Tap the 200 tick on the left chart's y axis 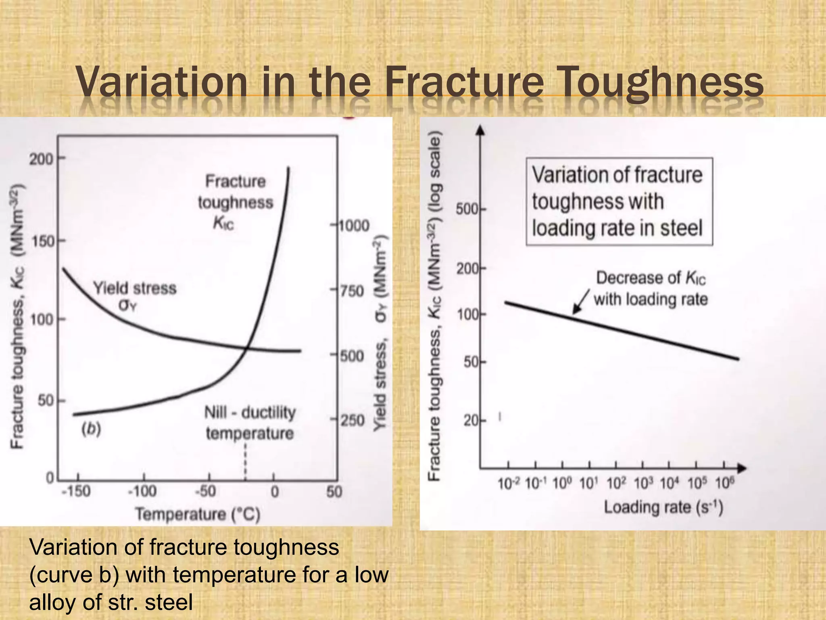click(42, 159)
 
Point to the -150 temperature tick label click(76, 492)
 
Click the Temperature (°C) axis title click(198, 514)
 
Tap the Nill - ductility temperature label click(250, 423)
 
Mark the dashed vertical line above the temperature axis click(246, 460)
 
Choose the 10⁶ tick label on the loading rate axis click(724, 483)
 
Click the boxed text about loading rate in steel click(619, 201)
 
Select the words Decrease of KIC click(651, 278)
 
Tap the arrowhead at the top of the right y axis click(480, 130)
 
